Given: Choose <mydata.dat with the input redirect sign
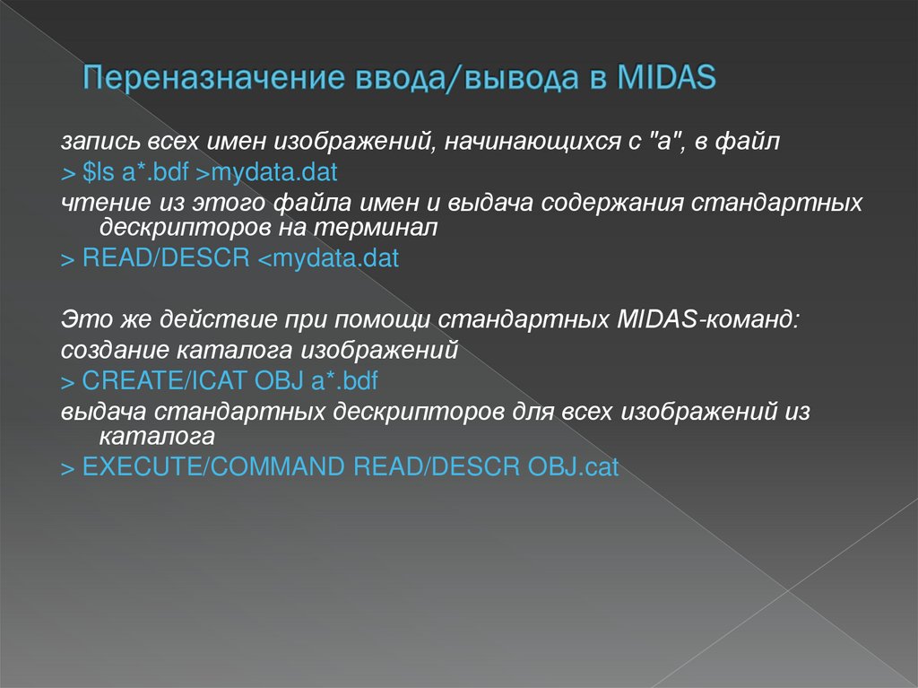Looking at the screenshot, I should [328, 259].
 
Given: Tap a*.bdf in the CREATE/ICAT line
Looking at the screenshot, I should [344, 379].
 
